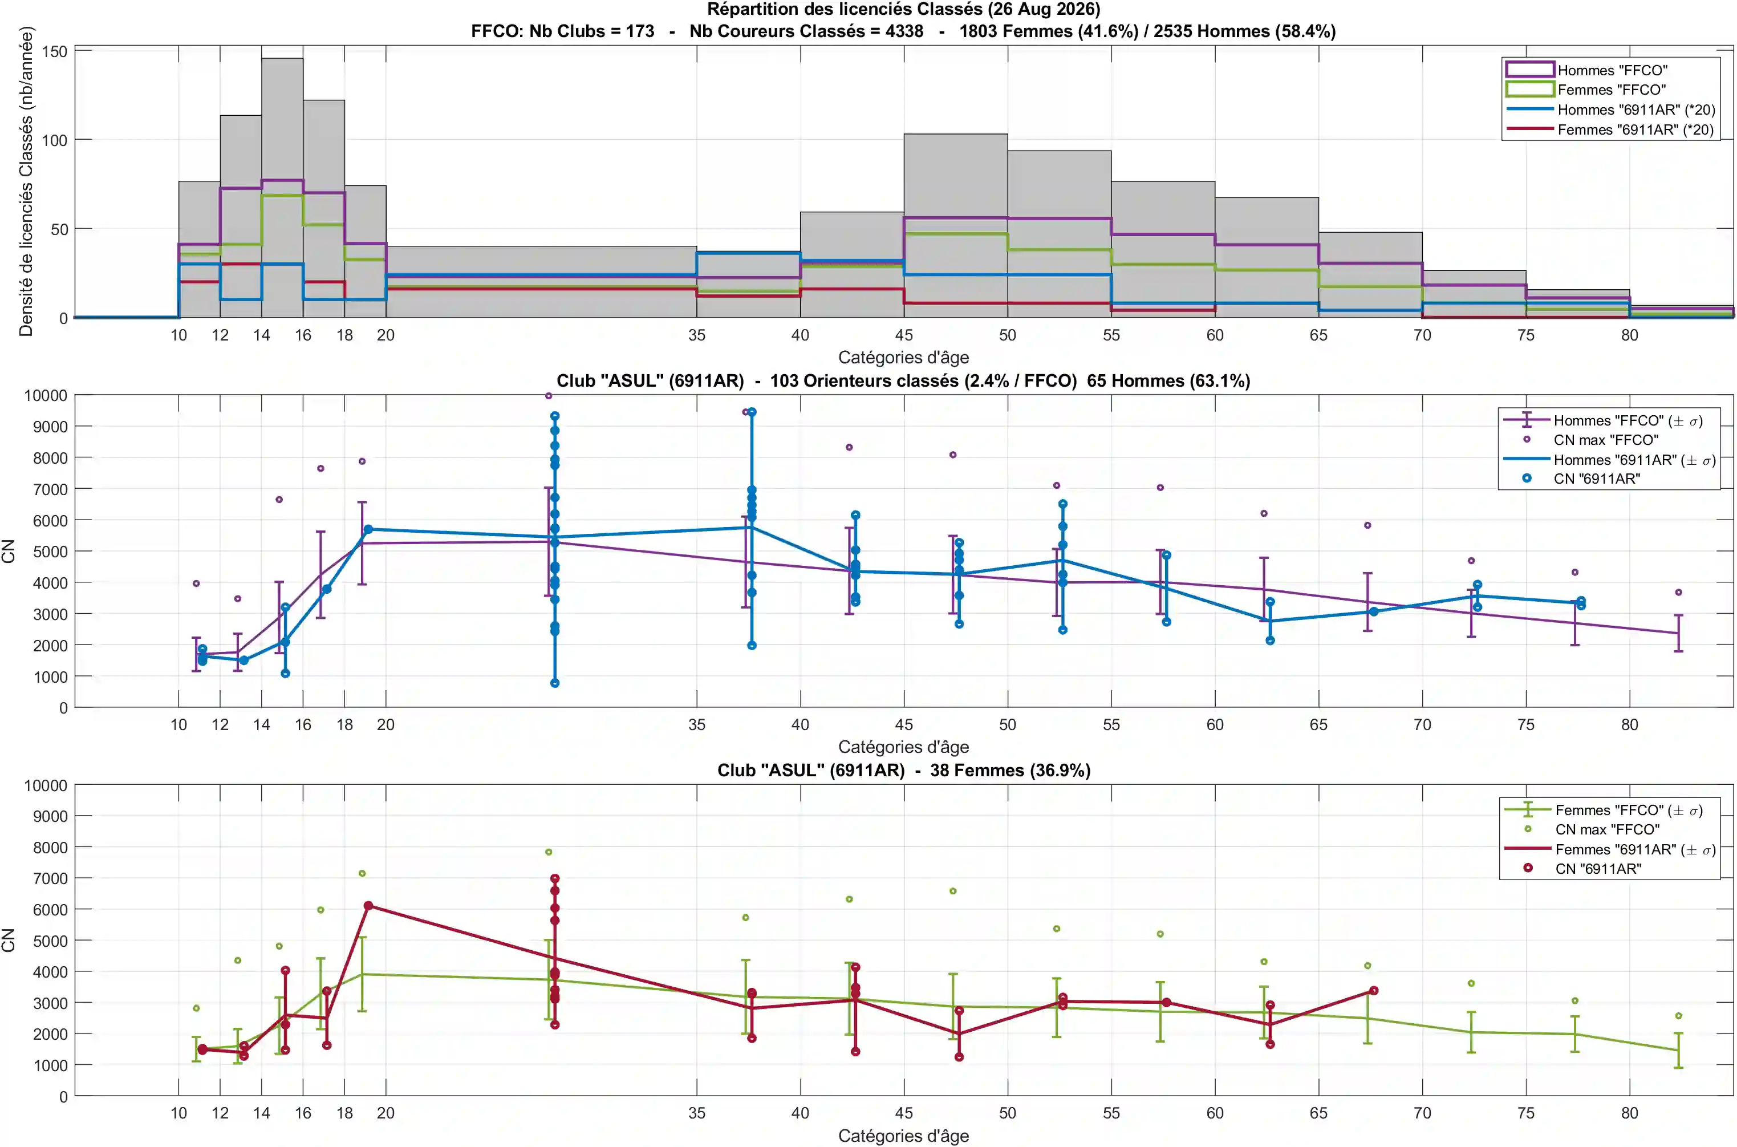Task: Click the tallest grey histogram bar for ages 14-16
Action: coord(282,188)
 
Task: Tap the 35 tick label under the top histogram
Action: coord(696,335)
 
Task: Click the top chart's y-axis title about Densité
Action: coord(26,181)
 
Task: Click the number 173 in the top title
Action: coord(640,31)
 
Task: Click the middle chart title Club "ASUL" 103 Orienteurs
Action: coord(903,380)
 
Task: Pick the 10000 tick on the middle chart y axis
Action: coord(46,395)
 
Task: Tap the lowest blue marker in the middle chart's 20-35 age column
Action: coord(555,683)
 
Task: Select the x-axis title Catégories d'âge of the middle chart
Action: coord(903,747)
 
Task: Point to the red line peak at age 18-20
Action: coord(368,906)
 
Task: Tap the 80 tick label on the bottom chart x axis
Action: coord(1629,1113)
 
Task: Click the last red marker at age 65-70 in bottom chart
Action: coord(1374,991)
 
